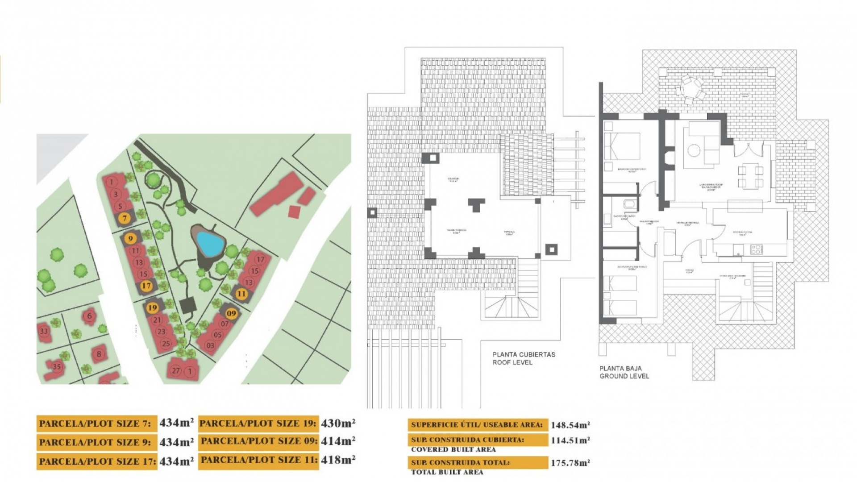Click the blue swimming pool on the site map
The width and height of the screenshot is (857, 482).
click(x=210, y=243)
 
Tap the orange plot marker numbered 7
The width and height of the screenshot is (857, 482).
click(x=125, y=218)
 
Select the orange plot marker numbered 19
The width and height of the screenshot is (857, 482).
click(x=152, y=307)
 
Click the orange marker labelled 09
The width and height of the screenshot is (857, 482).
click(x=231, y=313)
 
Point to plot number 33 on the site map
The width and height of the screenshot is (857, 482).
click(x=44, y=331)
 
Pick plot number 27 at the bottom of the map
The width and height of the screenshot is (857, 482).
click(x=176, y=370)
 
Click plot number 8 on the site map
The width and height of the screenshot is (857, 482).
click(x=99, y=354)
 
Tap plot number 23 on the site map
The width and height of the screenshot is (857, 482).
click(x=161, y=332)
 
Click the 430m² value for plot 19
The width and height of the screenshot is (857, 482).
click(x=338, y=423)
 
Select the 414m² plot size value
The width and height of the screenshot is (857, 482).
click(x=338, y=441)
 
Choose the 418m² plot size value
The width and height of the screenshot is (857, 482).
click(x=338, y=459)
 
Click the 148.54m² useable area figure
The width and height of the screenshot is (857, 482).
click(x=570, y=425)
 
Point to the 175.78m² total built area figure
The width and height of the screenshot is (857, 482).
click(x=570, y=462)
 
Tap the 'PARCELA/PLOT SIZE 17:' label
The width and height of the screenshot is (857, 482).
click(x=96, y=461)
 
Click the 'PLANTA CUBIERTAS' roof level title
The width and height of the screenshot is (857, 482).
click(x=524, y=354)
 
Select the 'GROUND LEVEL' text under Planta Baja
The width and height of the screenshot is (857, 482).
click(x=624, y=376)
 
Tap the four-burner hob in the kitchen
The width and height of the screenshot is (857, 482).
click(x=756, y=249)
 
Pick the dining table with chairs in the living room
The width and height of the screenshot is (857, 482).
click(x=750, y=176)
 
